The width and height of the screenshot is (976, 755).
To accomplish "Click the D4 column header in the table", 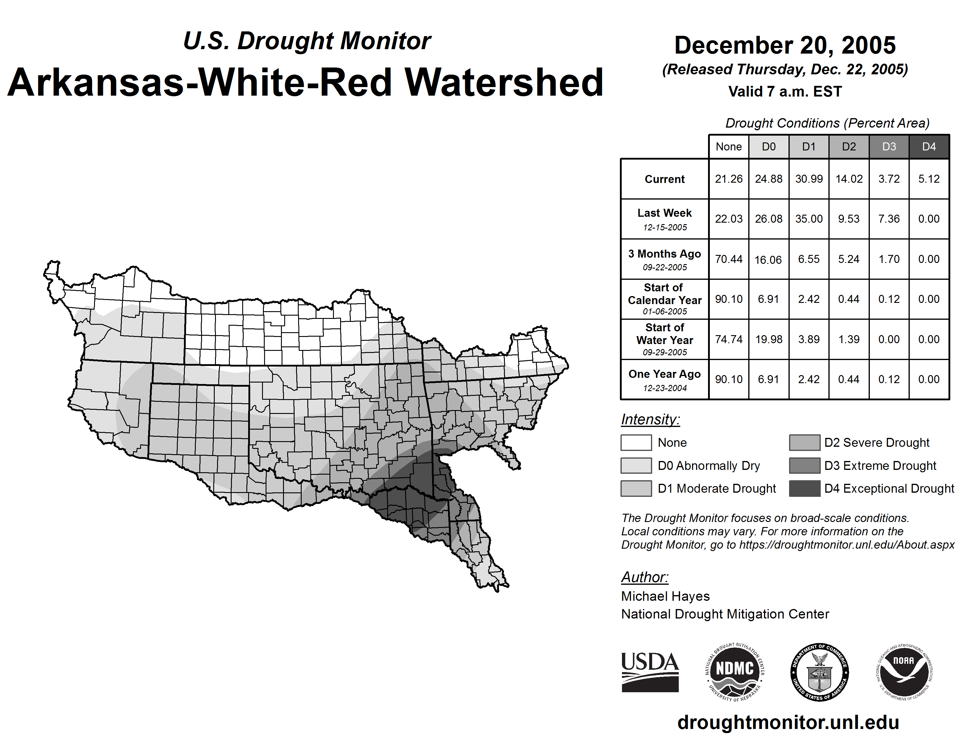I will [929, 147].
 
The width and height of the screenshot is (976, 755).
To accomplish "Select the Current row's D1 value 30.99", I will [809, 179].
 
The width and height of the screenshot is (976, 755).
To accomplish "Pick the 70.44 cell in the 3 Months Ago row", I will [728, 259].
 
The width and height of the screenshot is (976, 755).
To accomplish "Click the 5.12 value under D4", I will [929, 179].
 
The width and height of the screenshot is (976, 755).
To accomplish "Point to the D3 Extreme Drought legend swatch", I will [804, 466].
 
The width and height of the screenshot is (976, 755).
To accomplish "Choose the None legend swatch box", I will [636, 443].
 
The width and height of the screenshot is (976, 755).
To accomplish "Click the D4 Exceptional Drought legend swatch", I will [804, 489].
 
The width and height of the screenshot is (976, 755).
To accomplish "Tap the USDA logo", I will [650, 672].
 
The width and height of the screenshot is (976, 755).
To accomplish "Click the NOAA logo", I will [904, 672].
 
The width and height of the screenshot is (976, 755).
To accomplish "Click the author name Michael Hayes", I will [665, 596].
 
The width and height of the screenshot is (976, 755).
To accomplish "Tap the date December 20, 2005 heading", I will [785, 46].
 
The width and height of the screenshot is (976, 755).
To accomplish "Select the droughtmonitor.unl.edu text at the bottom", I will [788, 723].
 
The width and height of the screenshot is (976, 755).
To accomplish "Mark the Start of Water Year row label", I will [665, 340].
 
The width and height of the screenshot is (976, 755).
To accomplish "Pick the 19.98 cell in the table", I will [769, 340].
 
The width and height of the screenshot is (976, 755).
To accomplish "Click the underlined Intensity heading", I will [650, 420].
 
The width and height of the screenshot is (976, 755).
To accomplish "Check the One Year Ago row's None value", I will [728, 379].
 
